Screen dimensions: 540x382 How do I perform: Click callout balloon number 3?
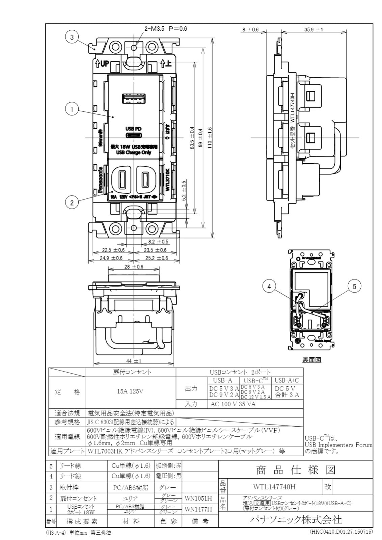tap(72, 37)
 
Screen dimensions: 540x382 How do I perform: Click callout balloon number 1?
tap(72, 109)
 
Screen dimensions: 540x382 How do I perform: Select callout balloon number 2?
tap(72, 202)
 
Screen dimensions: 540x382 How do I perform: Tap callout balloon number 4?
tap(269, 287)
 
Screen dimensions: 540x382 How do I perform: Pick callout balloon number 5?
tap(354, 287)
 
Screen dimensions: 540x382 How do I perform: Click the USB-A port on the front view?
tap(134, 99)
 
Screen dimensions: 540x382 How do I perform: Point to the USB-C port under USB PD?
tap(134, 135)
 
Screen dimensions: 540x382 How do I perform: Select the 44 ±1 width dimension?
tap(134, 361)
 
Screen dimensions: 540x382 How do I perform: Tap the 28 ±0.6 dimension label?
tap(134, 267)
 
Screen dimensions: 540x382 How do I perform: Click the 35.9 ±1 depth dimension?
tap(313, 30)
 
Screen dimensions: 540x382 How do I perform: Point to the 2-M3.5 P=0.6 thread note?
tap(165, 29)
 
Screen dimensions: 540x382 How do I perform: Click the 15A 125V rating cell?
tap(130, 391)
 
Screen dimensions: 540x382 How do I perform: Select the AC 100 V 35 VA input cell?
tap(233, 404)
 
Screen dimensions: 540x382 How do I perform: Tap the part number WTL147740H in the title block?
tap(274, 487)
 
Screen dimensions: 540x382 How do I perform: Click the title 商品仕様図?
tap(296, 470)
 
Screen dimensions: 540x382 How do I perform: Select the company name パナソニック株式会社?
tap(296, 519)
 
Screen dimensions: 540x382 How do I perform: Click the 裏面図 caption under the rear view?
tap(311, 360)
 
